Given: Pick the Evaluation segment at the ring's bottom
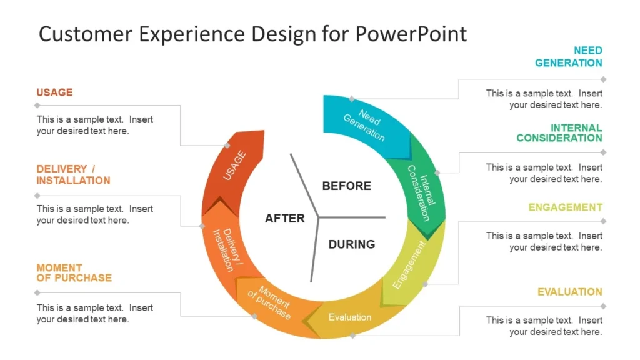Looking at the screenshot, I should tap(350, 317).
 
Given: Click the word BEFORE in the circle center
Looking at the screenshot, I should tap(346, 186).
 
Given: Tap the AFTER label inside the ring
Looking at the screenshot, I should tap(285, 218).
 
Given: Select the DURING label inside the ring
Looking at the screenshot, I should tap(352, 244).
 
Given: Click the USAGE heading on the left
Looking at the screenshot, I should tap(54, 92).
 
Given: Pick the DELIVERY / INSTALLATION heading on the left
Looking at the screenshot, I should tap(72, 175).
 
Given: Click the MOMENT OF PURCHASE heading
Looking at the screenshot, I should tap(74, 273).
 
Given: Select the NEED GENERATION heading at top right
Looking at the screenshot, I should tap(569, 57).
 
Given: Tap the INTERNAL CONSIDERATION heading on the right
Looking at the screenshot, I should tap(559, 133).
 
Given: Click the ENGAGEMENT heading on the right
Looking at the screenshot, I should tap(565, 207).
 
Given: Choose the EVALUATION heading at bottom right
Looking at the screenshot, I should tap(569, 292).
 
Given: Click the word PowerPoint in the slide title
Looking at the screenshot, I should tap(411, 34).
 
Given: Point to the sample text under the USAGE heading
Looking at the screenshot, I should tap(94, 125).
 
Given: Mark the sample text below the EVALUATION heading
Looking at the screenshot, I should tap(544, 326).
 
